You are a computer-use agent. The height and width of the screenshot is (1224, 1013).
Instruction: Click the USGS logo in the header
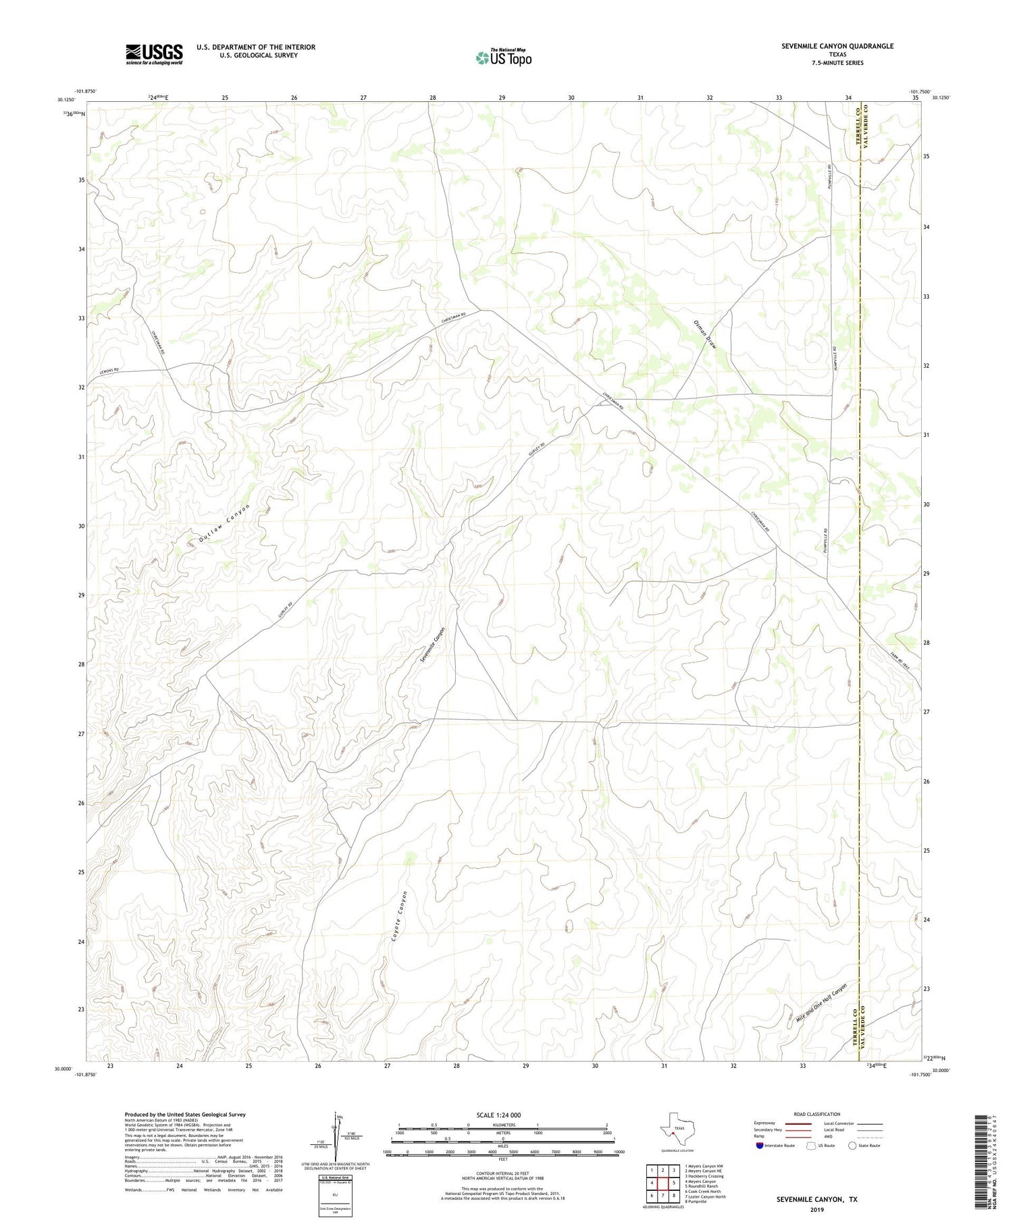click(x=154, y=54)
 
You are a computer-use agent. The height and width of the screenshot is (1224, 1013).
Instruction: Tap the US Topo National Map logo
click(x=503, y=57)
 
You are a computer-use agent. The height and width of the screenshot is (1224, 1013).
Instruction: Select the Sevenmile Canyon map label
click(x=432, y=645)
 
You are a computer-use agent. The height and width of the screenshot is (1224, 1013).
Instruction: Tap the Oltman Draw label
click(x=704, y=334)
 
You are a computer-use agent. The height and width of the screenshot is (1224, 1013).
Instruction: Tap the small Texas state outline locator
click(x=676, y=1128)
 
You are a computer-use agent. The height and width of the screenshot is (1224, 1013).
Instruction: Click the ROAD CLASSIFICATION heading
click(x=817, y=1114)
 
